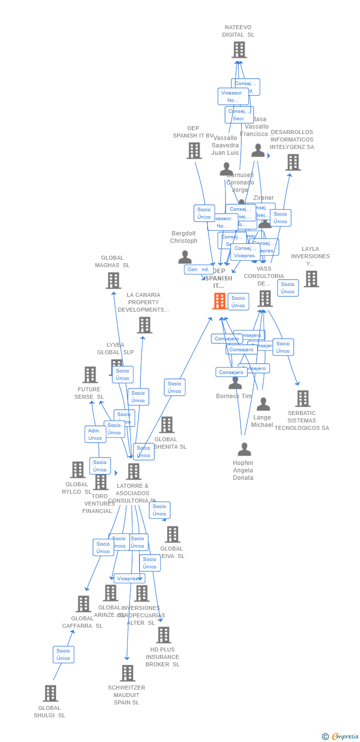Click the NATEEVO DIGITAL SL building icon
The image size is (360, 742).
(239, 50)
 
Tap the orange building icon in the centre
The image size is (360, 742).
(220, 301)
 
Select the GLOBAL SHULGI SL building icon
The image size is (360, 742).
(50, 694)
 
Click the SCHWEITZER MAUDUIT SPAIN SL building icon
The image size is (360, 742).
(128, 673)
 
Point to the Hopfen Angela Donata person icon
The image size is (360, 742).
(244, 449)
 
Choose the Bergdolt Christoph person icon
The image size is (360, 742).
(185, 257)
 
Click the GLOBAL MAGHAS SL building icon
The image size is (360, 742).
(113, 280)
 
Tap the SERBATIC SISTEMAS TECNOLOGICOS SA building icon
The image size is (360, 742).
(303, 398)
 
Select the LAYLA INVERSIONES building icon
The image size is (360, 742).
(311, 279)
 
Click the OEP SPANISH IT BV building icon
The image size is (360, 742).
(194, 151)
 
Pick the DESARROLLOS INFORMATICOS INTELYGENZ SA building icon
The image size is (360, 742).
(293, 162)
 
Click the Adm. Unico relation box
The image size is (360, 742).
(95, 434)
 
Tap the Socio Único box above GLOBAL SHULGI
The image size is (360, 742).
(63, 654)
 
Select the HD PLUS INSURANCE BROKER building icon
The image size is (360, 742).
(163, 635)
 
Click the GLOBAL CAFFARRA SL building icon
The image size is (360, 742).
(84, 603)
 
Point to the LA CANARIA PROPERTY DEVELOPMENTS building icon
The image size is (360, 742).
(144, 325)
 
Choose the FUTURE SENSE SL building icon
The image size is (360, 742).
(90, 374)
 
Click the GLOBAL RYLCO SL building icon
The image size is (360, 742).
(78, 469)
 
